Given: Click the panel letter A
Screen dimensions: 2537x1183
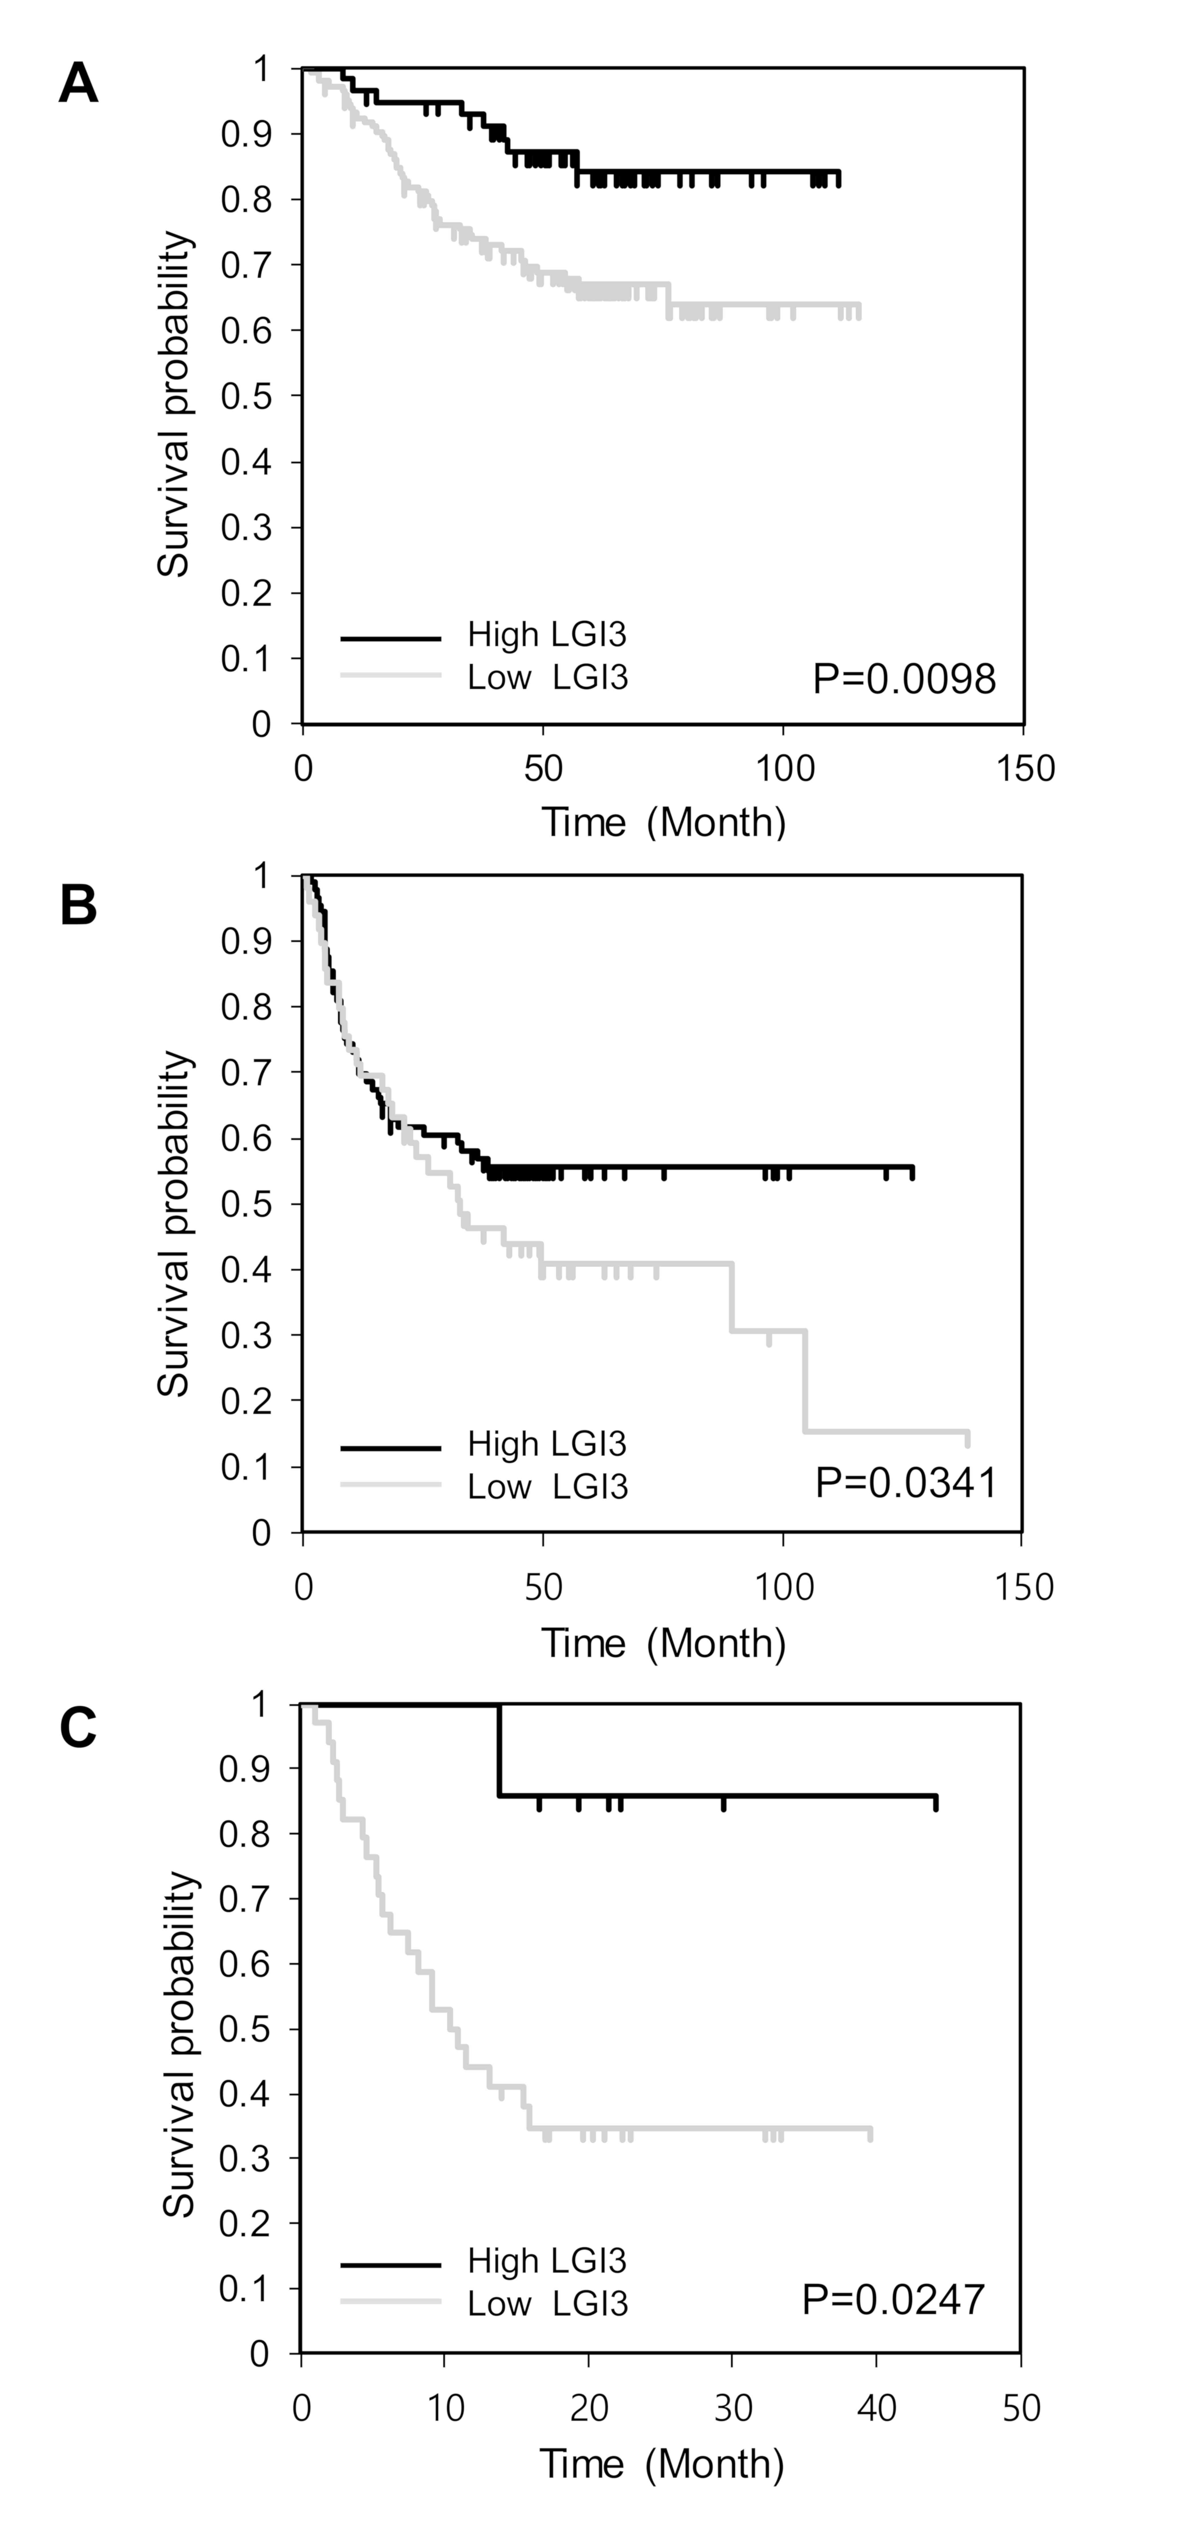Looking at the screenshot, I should (79, 84).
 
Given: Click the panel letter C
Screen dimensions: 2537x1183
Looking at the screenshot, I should (79, 1727).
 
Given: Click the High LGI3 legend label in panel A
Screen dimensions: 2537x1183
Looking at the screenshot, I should (547, 635).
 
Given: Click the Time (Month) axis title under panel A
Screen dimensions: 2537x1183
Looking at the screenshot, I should (663, 822).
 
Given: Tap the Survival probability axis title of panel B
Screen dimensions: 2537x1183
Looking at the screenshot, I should (174, 1223).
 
